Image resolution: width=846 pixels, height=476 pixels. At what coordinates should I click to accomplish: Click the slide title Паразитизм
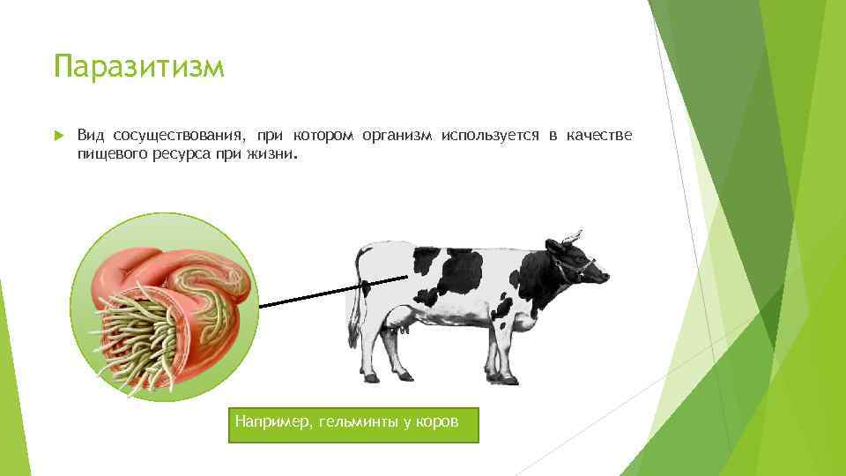pos(138,66)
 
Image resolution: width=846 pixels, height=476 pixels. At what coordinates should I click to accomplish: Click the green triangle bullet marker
pos(58,137)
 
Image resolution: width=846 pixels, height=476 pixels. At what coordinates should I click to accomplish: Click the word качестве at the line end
pos(599,136)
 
